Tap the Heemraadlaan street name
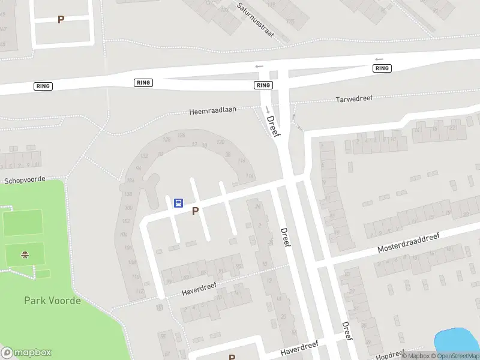click(x=213, y=111)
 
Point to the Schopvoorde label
click(x=25, y=180)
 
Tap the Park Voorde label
click(x=52, y=301)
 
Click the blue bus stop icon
click(x=178, y=203)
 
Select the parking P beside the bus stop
click(x=195, y=211)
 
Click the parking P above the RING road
click(x=61, y=19)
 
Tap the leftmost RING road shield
click(x=43, y=86)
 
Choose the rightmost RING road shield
click(x=382, y=68)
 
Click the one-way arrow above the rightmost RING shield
click(x=379, y=59)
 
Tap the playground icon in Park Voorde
click(x=25, y=254)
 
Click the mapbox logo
click(x=26, y=352)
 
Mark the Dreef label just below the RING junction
click(x=274, y=125)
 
